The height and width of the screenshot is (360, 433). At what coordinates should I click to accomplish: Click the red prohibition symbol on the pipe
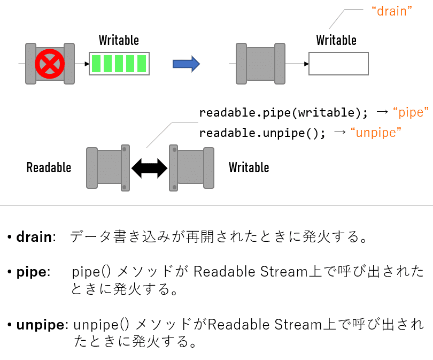(x=50, y=64)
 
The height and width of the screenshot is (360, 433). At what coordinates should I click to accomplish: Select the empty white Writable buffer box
(x=338, y=64)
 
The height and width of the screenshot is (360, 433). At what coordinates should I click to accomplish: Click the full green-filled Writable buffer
(x=119, y=63)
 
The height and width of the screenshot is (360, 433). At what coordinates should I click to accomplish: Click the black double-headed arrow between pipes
(x=149, y=167)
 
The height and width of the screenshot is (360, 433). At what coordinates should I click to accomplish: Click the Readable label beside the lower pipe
(x=49, y=168)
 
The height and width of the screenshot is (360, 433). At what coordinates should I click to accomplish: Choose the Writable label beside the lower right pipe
(x=249, y=167)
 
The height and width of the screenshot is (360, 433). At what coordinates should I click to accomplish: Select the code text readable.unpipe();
(x=262, y=133)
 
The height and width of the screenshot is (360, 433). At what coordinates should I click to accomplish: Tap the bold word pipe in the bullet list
(x=32, y=272)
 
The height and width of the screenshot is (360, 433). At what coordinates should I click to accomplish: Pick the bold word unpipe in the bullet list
(x=40, y=325)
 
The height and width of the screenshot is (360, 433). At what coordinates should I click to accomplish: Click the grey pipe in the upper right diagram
(x=260, y=64)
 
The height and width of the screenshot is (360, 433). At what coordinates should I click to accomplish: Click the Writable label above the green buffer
(x=119, y=40)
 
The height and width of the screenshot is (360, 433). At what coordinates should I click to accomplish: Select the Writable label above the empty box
(x=336, y=40)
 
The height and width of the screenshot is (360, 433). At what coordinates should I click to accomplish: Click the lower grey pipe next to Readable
(x=109, y=167)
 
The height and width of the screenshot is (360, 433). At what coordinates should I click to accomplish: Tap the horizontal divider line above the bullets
(x=216, y=206)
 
